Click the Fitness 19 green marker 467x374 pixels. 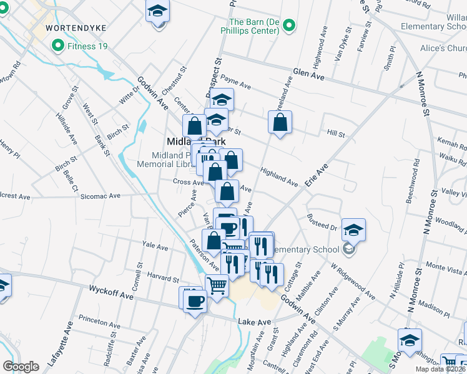click(58, 46)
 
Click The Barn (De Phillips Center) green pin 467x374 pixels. click(288, 26)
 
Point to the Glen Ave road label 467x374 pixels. click(309, 75)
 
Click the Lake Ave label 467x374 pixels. click(255, 322)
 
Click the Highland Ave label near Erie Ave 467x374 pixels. click(279, 177)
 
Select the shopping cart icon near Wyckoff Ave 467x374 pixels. click(217, 287)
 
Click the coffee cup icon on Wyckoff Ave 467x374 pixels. click(193, 300)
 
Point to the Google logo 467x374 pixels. click(21, 367)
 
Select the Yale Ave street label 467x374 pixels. click(155, 247)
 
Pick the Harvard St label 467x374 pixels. click(163, 276)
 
